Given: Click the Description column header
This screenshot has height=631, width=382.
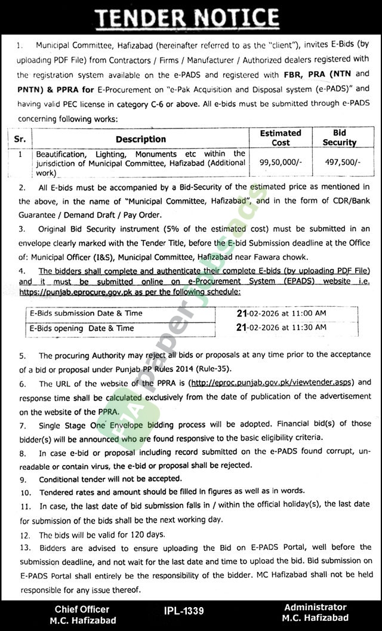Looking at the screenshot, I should coord(141,139).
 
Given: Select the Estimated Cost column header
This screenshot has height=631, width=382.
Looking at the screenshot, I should coord(280,138).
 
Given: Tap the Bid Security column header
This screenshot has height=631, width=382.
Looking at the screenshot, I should coord(340,138).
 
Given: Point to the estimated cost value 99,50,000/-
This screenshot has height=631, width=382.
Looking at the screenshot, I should coord(280,162).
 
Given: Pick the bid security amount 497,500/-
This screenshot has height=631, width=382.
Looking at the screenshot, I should coord(340,162).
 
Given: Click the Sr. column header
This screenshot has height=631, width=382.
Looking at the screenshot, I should coord(20,139).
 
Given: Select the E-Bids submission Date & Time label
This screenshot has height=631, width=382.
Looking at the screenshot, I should coord(86,313).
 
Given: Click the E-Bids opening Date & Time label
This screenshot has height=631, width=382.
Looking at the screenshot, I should coord(82,328).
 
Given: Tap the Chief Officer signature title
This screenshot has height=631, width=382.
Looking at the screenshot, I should coord(82,609).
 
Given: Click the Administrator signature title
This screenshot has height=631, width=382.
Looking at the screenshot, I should coord(316,607).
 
